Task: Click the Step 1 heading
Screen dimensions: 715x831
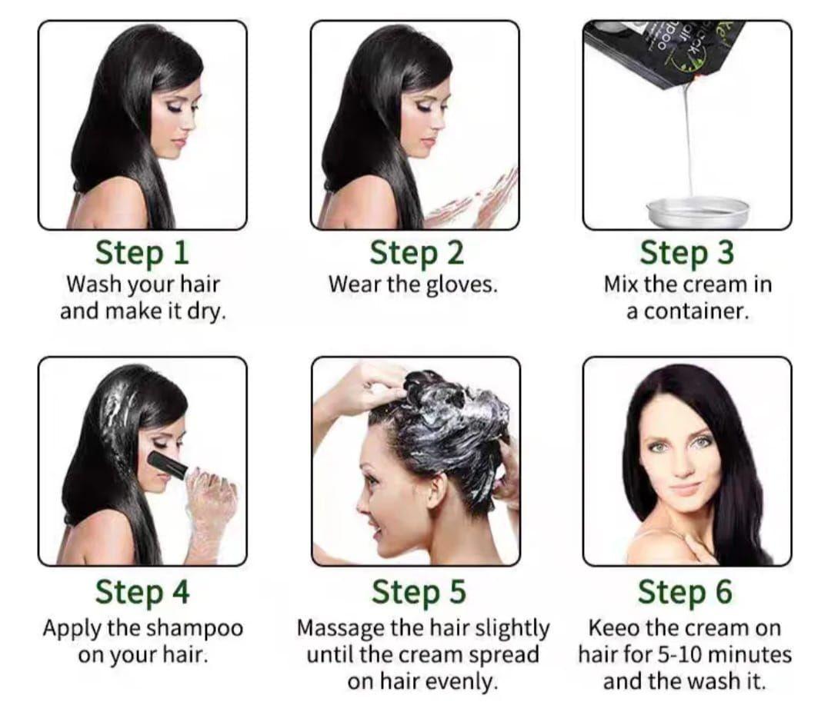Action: point(142,253)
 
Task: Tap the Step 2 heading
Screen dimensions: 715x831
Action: point(416,253)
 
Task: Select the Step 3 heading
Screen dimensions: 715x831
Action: point(687,253)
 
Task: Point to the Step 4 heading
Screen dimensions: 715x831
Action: point(142,592)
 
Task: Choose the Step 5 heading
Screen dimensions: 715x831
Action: point(419,592)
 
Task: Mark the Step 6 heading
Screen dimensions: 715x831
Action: point(685,592)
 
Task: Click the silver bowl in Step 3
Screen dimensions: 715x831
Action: point(698,211)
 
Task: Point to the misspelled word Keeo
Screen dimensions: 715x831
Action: point(613,628)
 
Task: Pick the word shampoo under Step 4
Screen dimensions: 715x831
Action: point(196,628)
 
